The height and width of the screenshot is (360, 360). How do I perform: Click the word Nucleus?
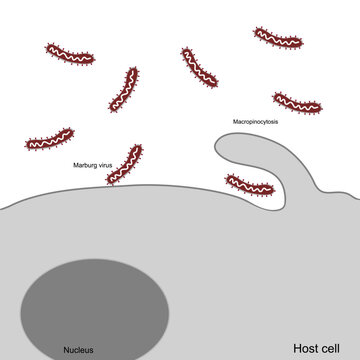coord(78,349)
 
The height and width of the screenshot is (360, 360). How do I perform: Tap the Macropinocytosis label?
coord(256,121)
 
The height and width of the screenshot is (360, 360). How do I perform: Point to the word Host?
coord(306,348)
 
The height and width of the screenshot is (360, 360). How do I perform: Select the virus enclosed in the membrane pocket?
coord(248,185)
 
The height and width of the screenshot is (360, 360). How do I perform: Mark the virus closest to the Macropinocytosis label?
coord(297,103)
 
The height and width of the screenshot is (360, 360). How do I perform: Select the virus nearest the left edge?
coord(49,140)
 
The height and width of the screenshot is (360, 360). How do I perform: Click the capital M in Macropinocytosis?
coord(236,121)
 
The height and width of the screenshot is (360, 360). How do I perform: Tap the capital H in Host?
coord(297,348)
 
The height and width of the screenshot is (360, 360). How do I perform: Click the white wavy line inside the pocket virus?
coord(248,185)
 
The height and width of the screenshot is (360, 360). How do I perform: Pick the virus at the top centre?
coord(199,66)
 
